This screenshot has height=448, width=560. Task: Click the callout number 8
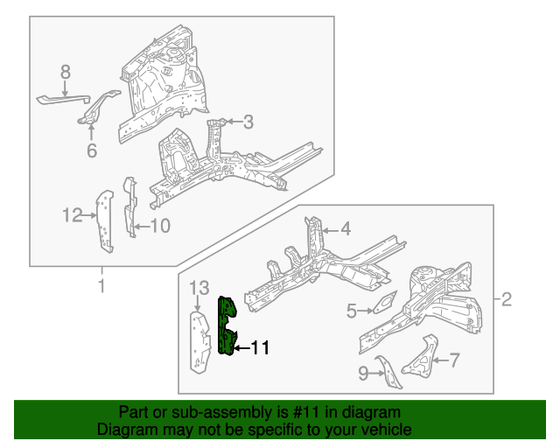(x=65, y=71)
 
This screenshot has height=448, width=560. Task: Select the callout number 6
(x=92, y=151)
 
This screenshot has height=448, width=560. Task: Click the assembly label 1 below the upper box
(x=101, y=286)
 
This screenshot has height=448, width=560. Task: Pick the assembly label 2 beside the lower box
(x=507, y=301)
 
